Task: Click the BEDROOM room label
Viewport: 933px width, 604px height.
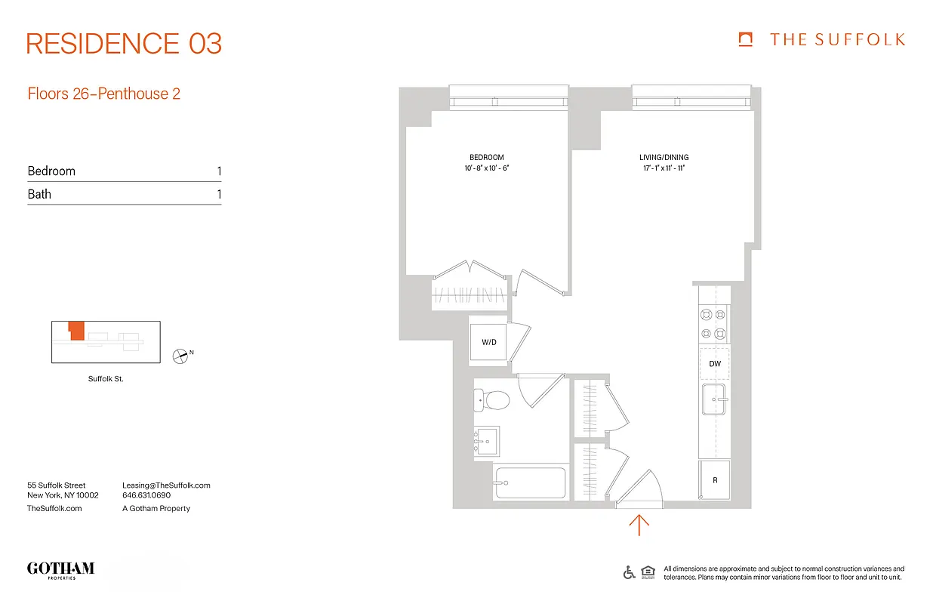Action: point(486,158)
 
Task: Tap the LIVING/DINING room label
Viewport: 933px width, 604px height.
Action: point(664,158)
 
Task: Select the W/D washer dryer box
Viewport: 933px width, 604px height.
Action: point(489,342)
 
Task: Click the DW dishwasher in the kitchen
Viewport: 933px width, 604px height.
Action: point(714,364)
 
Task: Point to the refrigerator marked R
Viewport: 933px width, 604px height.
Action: point(714,480)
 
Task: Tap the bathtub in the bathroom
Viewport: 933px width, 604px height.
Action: point(530,483)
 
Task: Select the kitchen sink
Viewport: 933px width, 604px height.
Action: point(713,399)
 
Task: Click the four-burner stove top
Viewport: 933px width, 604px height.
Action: point(713,323)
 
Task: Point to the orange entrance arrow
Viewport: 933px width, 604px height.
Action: point(639,525)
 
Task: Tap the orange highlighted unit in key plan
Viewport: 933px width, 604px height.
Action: point(75,331)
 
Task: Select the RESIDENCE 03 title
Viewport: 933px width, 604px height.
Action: point(124,44)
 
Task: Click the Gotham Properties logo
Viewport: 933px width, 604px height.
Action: point(60,569)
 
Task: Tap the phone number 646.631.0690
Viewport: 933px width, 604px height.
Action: point(146,496)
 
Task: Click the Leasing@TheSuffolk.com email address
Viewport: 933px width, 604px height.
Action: point(166,485)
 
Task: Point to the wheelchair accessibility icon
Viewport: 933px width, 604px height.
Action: point(629,572)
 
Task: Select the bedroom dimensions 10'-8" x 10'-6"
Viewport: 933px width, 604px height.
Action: point(486,168)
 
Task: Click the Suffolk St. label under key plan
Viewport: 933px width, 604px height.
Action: point(106,379)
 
